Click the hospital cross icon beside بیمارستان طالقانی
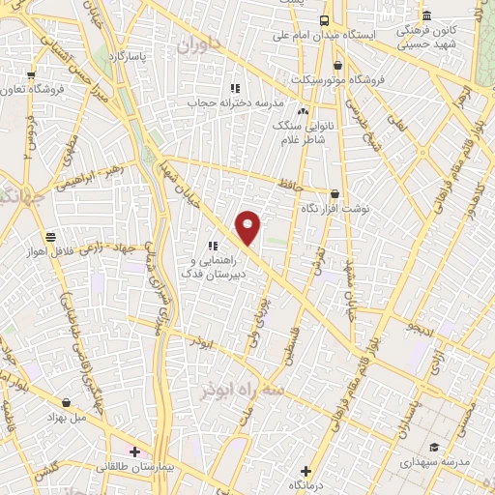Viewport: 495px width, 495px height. pyautogui.click(x=134, y=451)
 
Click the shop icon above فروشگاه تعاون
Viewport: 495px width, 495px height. pyautogui.click(x=31, y=74)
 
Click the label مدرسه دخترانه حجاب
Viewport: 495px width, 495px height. pyautogui.click(x=246, y=102)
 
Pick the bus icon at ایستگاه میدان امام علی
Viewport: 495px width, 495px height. pyautogui.click(x=324, y=20)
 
